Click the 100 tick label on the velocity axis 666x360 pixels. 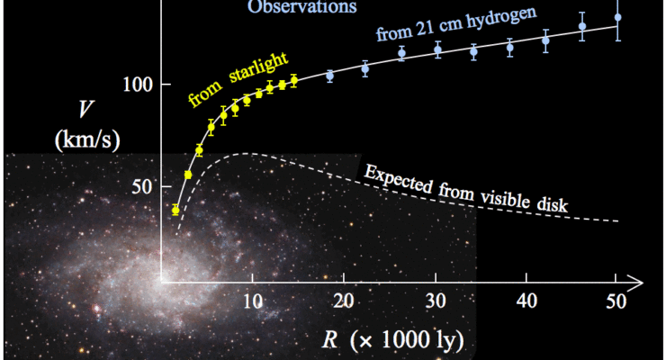(x=135, y=84)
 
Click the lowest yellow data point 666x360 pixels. (x=175, y=210)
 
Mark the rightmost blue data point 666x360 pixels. (x=617, y=17)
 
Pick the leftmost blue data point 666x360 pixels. (x=329, y=76)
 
